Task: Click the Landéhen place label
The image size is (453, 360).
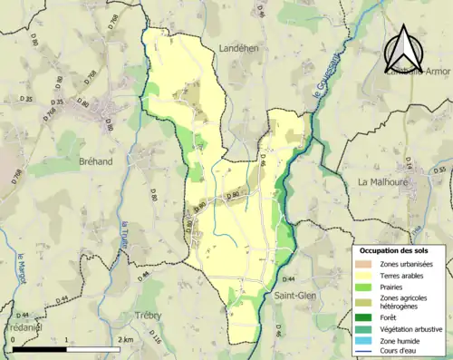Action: click(241, 49)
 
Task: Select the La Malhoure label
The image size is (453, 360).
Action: click(384, 181)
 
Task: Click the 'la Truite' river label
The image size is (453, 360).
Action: click(125, 237)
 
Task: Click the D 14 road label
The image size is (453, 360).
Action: click(409, 163)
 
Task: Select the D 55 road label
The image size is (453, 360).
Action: click(441, 170)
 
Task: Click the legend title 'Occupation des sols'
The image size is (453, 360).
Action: click(397, 250)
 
